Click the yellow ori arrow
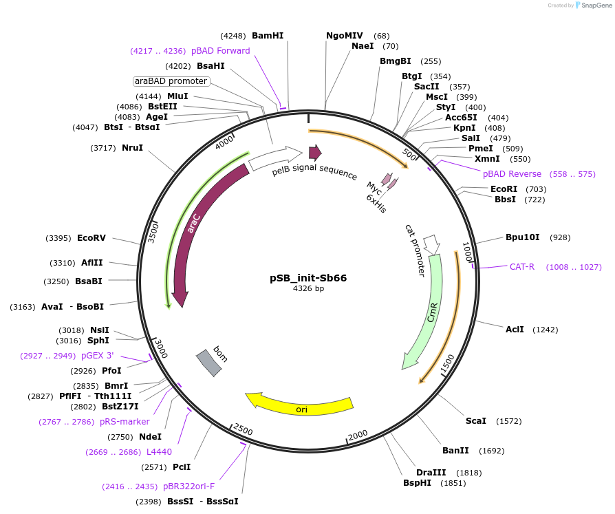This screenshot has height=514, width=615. (301, 408)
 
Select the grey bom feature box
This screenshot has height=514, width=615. (209, 363)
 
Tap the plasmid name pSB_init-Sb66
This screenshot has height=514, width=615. (307, 278)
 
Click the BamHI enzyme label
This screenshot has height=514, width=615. (268, 35)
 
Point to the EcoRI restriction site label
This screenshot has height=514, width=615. (504, 189)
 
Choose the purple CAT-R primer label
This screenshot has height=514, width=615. (522, 266)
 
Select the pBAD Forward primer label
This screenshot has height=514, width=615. (220, 50)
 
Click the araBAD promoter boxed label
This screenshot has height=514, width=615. (171, 81)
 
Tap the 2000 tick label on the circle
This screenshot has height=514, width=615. (358, 435)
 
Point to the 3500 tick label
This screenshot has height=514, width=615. (154, 232)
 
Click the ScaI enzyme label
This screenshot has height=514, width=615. (476, 420)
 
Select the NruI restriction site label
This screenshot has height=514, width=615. (132, 147)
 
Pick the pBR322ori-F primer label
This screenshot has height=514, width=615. (189, 486)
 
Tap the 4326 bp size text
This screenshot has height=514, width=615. (308, 289)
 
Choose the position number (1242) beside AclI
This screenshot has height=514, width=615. (546, 330)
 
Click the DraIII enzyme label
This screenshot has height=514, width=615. (431, 472)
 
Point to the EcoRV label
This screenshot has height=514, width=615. (91, 238)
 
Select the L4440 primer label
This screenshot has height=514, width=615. (159, 451)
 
